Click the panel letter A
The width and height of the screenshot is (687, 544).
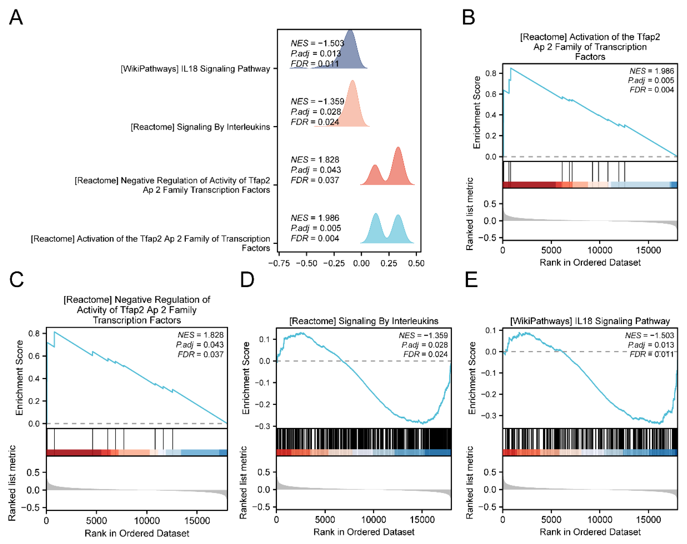click(16, 17)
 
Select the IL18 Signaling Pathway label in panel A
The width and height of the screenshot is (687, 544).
click(195, 69)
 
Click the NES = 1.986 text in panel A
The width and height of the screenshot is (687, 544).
click(315, 218)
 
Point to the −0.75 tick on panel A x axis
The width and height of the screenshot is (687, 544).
click(279, 263)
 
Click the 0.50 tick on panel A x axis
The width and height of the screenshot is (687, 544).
click(416, 263)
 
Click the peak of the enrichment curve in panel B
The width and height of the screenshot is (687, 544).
click(511, 68)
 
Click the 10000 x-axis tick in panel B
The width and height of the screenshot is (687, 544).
click(600, 250)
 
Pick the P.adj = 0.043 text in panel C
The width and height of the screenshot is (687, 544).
click(200, 345)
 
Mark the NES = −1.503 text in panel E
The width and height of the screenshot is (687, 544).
click(649, 335)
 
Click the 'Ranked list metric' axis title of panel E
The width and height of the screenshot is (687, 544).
click(469, 482)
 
